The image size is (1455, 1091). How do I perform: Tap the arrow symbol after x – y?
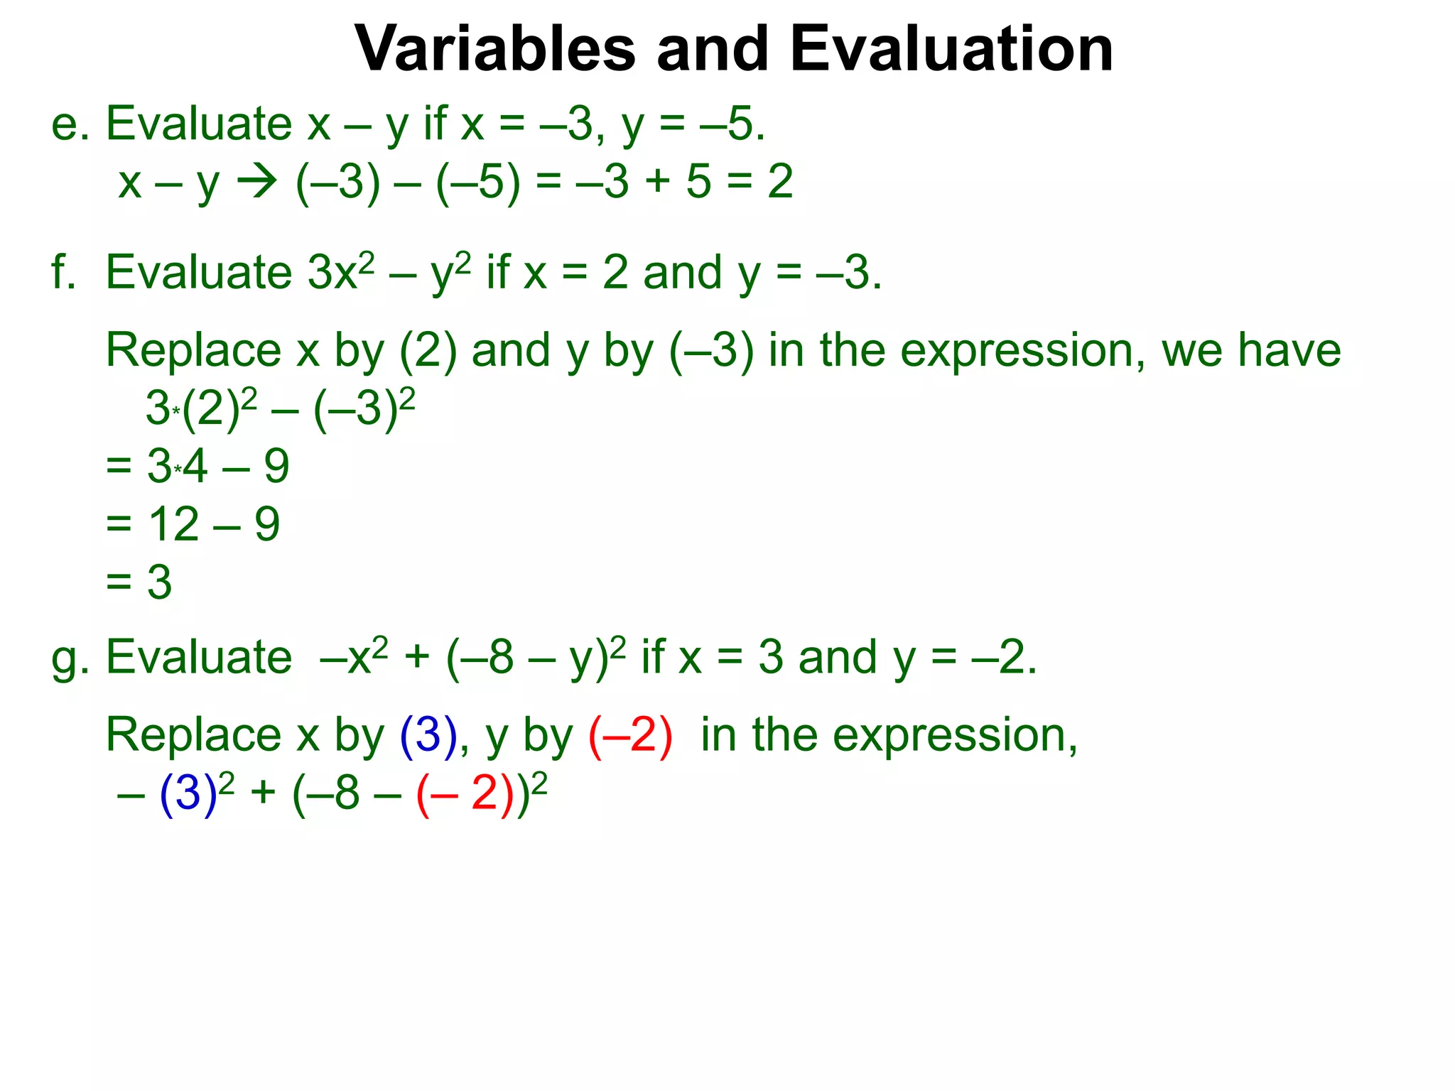pyautogui.click(x=256, y=182)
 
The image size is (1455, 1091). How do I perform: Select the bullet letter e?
pyautogui.click(x=66, y=124)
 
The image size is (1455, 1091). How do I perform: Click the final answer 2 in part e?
pyautogui.click(x=779, y=182)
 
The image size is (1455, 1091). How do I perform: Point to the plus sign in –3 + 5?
pyautogui.click(x=658, y=182)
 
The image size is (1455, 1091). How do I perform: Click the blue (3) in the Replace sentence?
pyautogui.click(x=428, y=734)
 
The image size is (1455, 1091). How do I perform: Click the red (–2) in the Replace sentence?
pyautogui.click(x=630, y=734)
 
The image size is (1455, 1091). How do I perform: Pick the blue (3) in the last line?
pyautogui.click(x=188, y=793)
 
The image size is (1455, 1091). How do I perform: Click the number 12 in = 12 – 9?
pyautogui.click(x=173, y=525)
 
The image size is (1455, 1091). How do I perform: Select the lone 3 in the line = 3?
pyautogui.click(x=159, y=582)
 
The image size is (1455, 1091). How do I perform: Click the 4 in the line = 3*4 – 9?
pyautogui.click(x=195, y=467)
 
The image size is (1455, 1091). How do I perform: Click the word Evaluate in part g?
pyautogui.click(x=199, y=657)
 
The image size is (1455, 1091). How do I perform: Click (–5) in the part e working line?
pyautogui.click(x=477, y=182)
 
